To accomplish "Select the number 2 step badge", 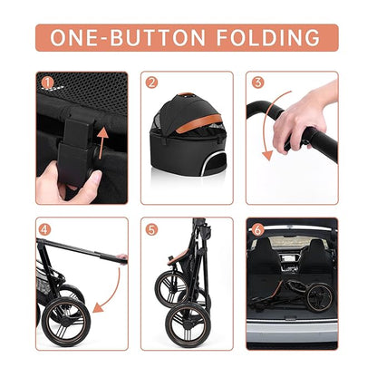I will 152,83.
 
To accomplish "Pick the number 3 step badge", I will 257,83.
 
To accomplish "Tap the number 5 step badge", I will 152,230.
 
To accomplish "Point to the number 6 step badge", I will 257,230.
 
